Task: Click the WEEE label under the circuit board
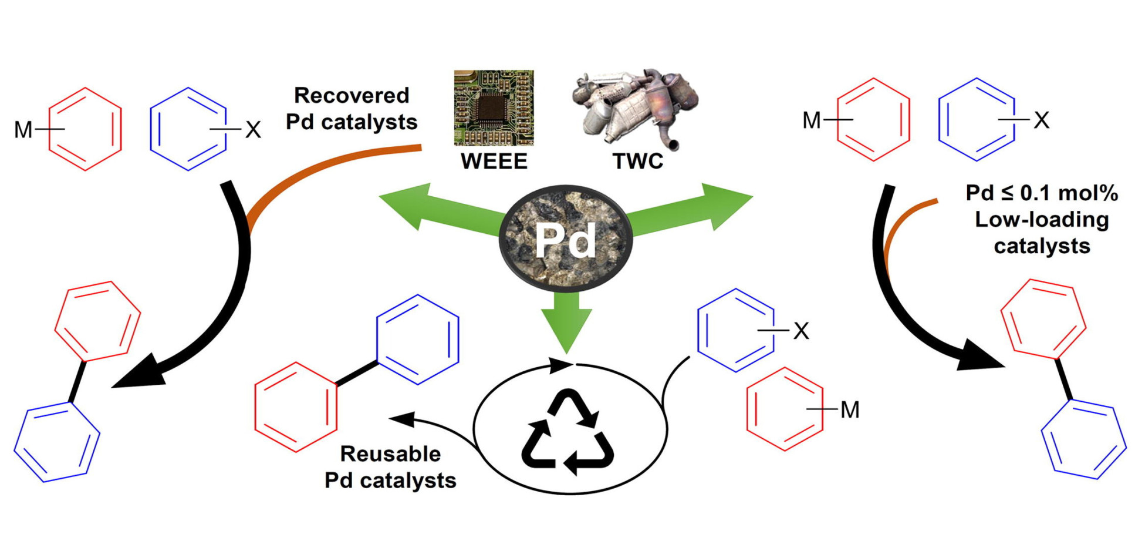494,161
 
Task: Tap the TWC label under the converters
637,161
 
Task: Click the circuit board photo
494,107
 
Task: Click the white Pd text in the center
566,241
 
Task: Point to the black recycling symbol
567,432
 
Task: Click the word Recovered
352,95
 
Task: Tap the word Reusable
390,454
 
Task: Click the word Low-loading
1042,220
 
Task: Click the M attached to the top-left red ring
23,130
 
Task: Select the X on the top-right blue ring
1041,120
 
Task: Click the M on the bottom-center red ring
850,410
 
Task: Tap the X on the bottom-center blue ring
801,331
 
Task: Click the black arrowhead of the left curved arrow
141,373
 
